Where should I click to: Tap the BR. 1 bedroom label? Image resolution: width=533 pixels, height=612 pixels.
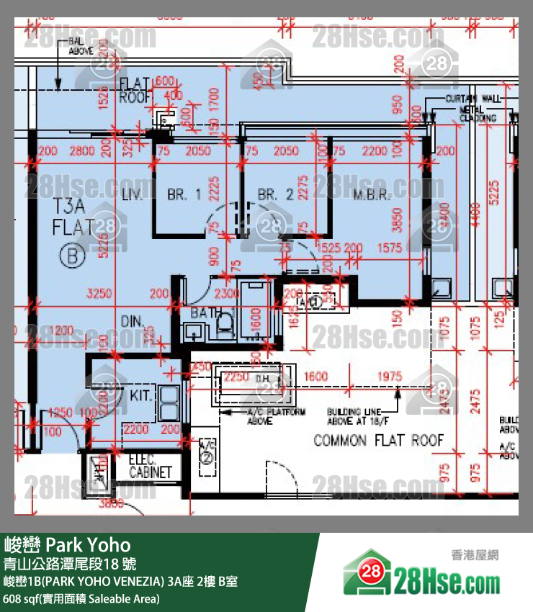tap(184, 194)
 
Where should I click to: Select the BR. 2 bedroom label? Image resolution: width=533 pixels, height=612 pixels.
tap(275, 194)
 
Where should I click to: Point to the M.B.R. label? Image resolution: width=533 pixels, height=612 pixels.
tap(372, 195)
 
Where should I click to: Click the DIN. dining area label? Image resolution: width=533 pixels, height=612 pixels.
tap(134, 321)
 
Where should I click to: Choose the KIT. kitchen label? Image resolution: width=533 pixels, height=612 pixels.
tap(140, 395)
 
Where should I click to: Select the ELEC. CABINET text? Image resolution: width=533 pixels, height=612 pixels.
tap(151, 467)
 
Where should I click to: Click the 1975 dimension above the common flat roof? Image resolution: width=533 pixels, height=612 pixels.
tap(389, 377)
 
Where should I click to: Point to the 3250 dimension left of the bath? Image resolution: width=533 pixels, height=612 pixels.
tap(99, 294)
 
